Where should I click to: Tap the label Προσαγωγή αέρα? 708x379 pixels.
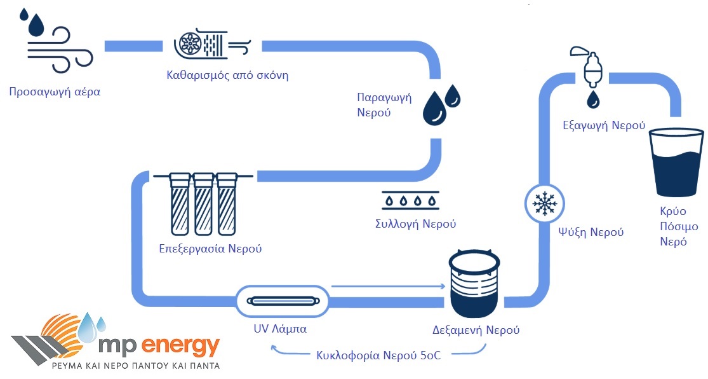point(55,92)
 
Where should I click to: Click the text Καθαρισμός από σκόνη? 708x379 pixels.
point(227,75)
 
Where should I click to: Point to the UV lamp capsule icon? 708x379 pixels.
point(283,300)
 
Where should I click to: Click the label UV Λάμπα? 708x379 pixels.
point(280,329)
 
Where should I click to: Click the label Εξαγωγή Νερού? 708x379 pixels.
point(604,125)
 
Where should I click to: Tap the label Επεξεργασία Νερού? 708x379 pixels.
point(210,249)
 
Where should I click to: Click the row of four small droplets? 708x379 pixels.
point(410,201)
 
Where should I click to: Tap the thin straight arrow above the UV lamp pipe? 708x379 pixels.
point(387,286)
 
